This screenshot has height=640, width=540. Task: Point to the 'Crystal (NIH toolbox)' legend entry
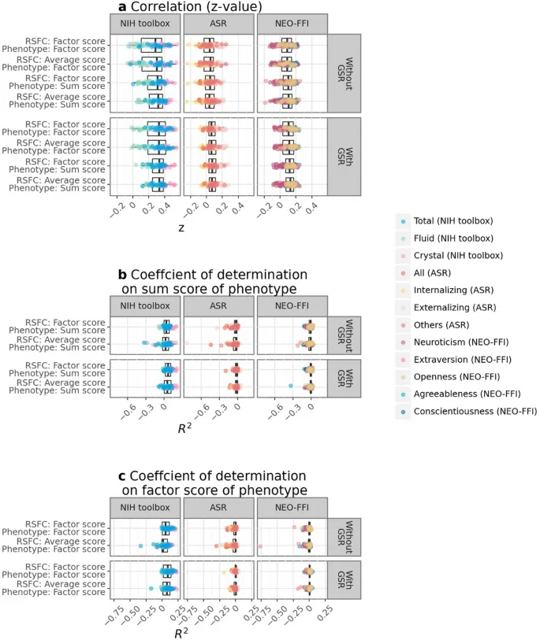pyautogui.click(x=460, y=255)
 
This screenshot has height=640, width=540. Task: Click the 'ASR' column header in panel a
pyautogui.click(x=218, y=24)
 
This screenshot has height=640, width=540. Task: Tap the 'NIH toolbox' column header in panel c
pyautogui.click(x=146, y=507)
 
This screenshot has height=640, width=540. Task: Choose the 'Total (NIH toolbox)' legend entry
pyautogui.click(x=456, y=220)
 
